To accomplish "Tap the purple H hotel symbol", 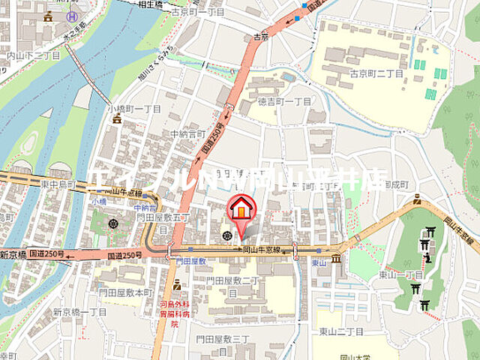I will tap(72, 16).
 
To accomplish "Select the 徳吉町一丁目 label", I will tap(284, 100).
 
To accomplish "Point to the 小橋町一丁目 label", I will tap(134, 109).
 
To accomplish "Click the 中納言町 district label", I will tap(187, 133).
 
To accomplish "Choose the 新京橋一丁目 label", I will tap(80, 311).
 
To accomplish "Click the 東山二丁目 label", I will tap(340, 331).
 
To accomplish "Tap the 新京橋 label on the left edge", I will tap(13, 256).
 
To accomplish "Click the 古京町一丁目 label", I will tap(197, 12).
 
